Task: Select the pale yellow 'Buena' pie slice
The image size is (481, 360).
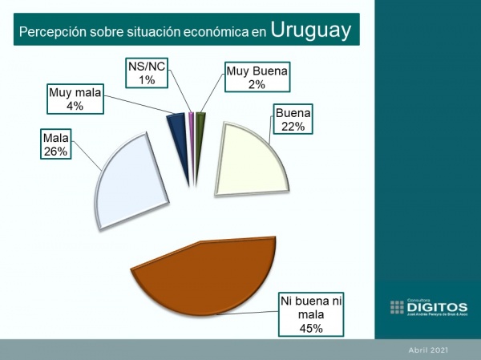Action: tap(249, 160)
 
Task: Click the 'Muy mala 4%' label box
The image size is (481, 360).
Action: tap(75, 99)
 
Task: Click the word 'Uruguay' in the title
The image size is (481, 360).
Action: tap(310, 30)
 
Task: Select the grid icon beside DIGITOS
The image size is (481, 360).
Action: tap(397, 306)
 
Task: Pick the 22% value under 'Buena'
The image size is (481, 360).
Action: tap(292, 126)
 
